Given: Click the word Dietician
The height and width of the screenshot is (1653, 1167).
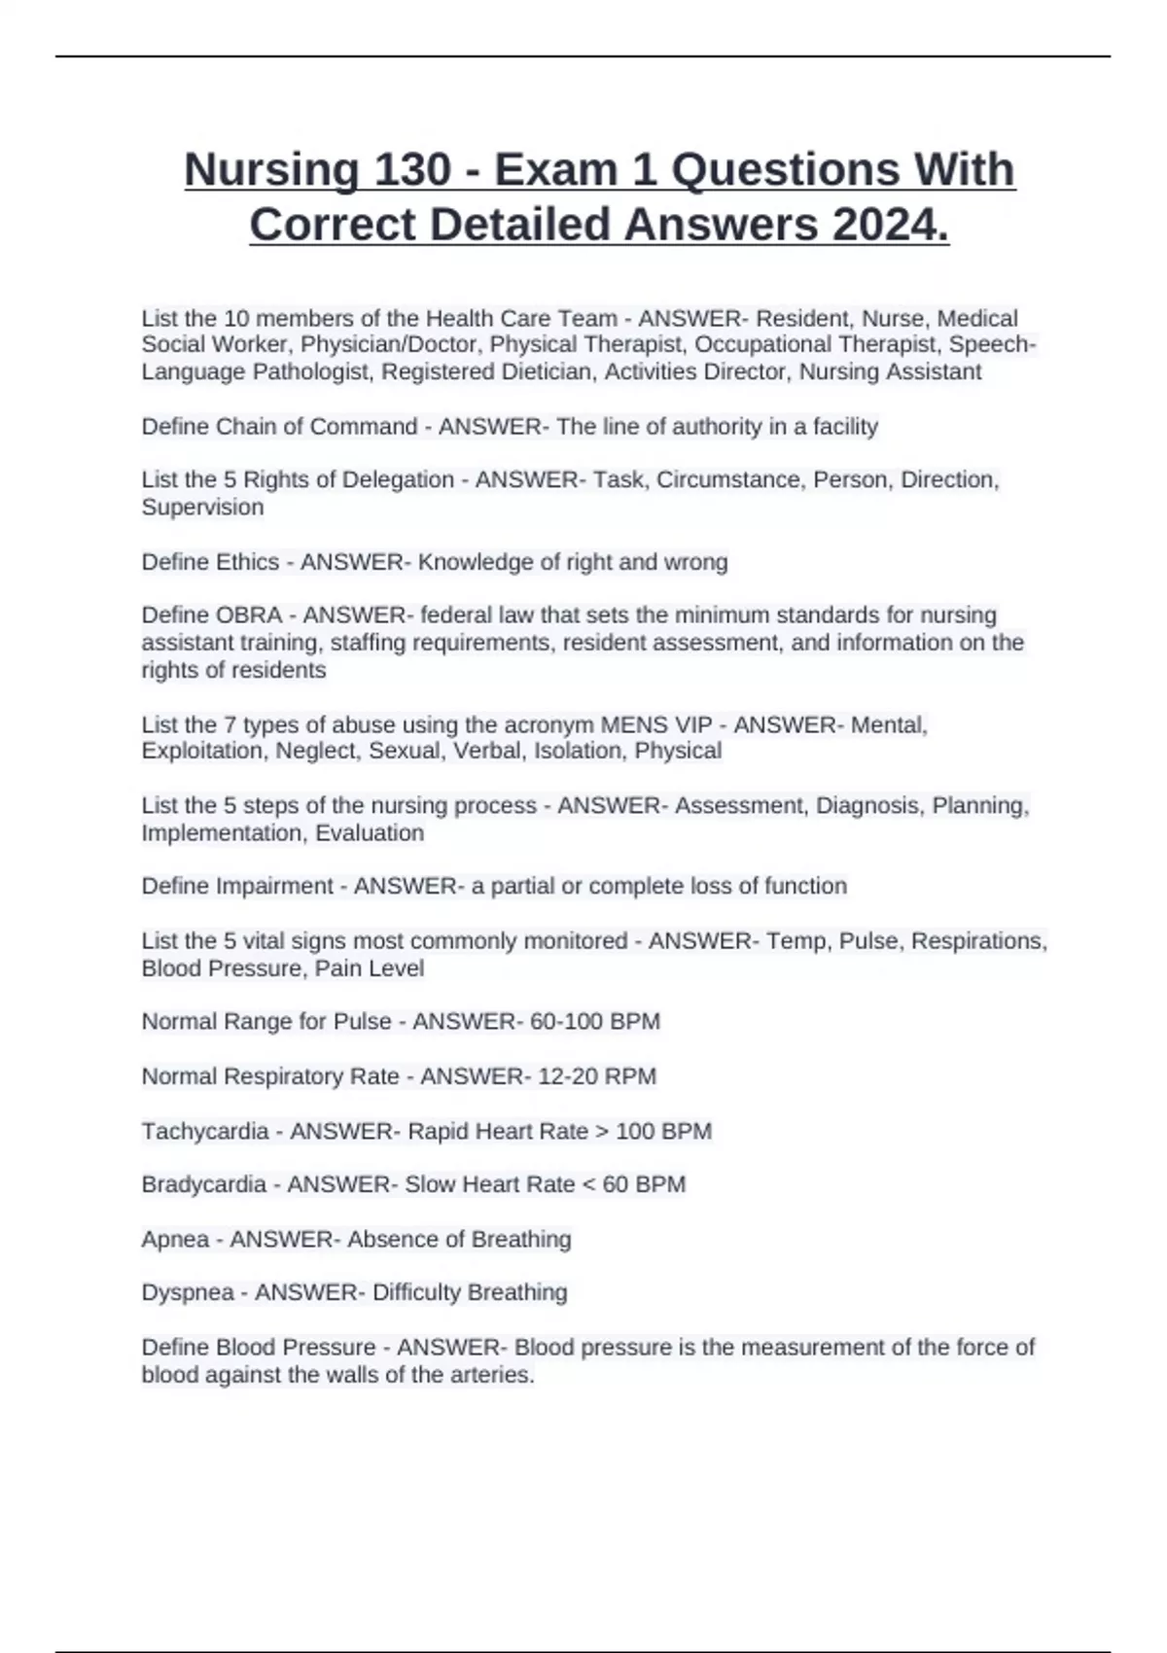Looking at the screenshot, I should pyautogui.click(x=547, y=372).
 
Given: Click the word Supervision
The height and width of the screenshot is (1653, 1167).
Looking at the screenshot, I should pyautogui.click(x=202, y=508).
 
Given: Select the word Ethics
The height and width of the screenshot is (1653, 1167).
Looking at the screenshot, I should pyautogui.click(x=251, y=562).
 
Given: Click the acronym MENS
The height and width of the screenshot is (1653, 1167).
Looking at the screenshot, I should pyautogui.click(x=631, y=725).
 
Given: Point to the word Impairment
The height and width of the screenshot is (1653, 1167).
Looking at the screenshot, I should pyautogui.click(x=274, y=887).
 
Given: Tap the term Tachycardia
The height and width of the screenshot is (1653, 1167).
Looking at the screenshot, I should pyautogui.click(x=204, y=1132).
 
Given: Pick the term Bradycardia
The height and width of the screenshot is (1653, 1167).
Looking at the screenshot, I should pyautogui.click(x=203, y=1185).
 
